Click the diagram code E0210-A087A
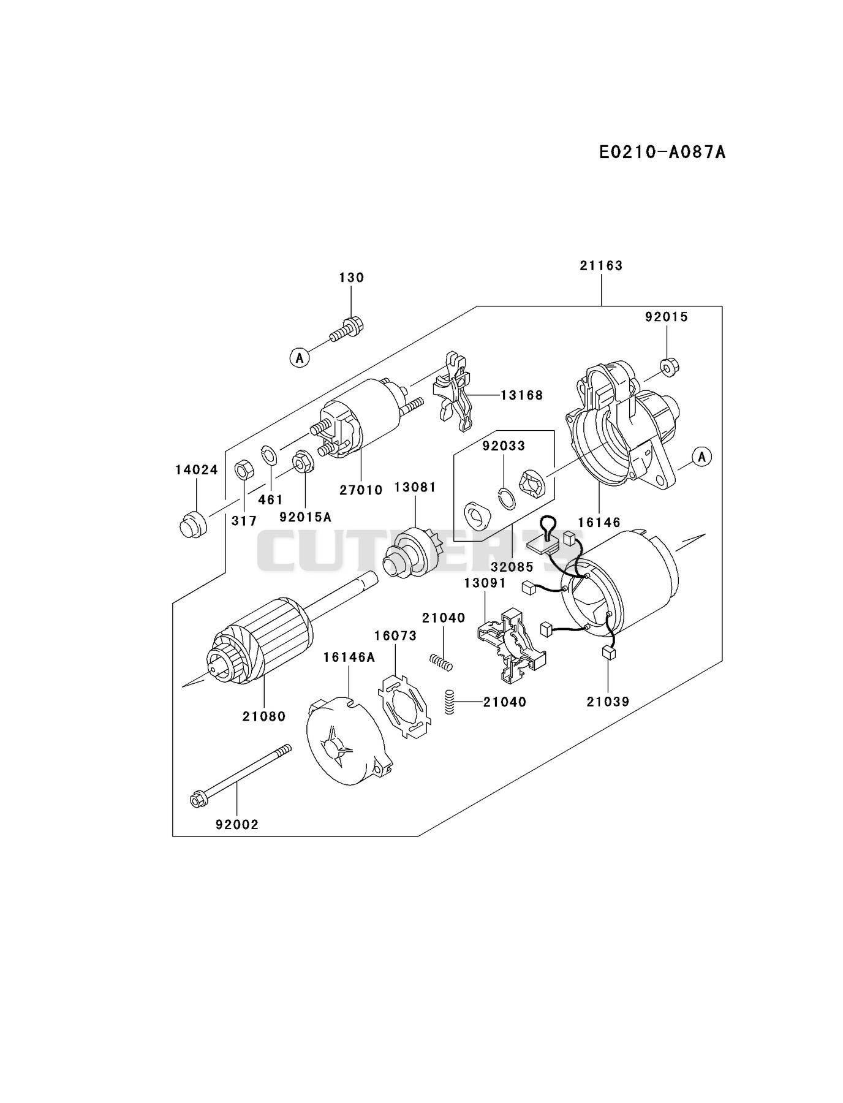coord(662,152)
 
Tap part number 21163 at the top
coord(601,265)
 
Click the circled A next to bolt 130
coord(300,357)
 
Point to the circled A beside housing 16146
coord(703,457)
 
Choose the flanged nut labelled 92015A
coord(304,461)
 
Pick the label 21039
coord(608,702)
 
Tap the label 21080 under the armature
coord(264,716)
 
